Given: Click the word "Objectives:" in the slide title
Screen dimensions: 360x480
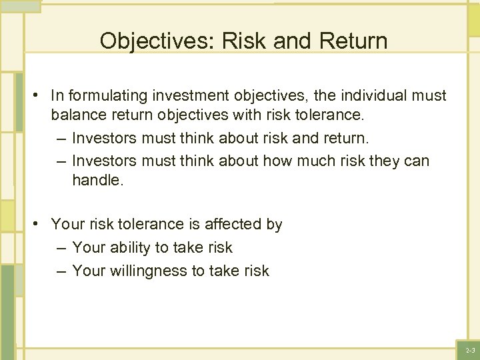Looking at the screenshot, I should click(x=153, y=41).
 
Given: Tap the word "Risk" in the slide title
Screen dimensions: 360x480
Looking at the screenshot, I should click(x=243, y=41).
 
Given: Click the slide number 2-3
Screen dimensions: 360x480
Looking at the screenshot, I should click(x=470, y=350).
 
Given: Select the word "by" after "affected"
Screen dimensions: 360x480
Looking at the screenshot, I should click(x=274, y=225).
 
